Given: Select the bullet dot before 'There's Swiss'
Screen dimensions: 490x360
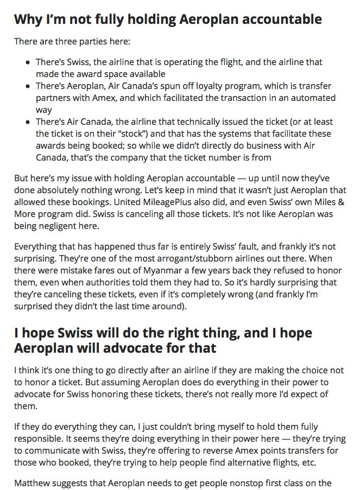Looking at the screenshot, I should pos(28,63).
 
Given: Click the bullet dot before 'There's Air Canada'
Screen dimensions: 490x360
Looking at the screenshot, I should pos(28,122).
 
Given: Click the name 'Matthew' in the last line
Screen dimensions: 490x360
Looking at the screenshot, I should pos(33,482).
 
